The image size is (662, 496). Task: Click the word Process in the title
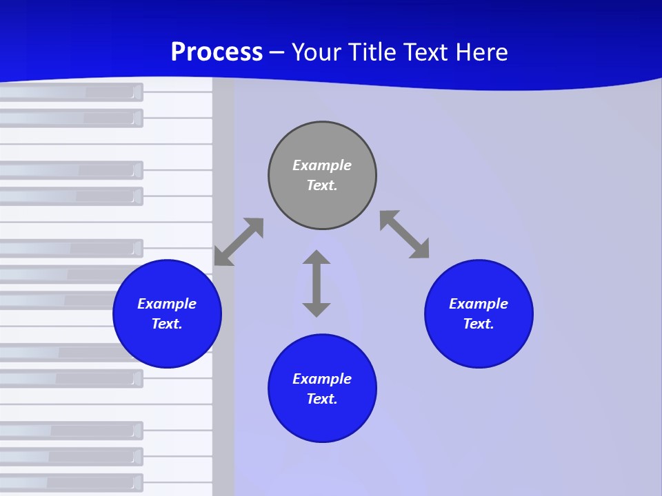pyautogui.click(x=217, y=52)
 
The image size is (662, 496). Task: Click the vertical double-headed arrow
pyautogui.click(x=317, y=283)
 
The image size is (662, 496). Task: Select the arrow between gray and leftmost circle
pyautogui.click(x=239, y=242)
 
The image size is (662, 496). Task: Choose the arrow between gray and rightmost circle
pyautogui.click(x=405, y=234)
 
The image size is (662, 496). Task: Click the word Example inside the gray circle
pyautogui.click(x=322, y=165)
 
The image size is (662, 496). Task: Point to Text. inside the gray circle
pyautogui.click(x=322, y=185)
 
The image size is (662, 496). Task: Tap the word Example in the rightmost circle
pyautogui.click(x=479, y=304)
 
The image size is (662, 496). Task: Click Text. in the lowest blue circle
pyautogui.click(x=322, y=399)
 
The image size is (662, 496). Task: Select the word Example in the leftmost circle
pyautogui.click(x=167, y=304)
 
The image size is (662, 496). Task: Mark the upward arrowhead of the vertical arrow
pyautogui.click(x=317, y=258)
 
